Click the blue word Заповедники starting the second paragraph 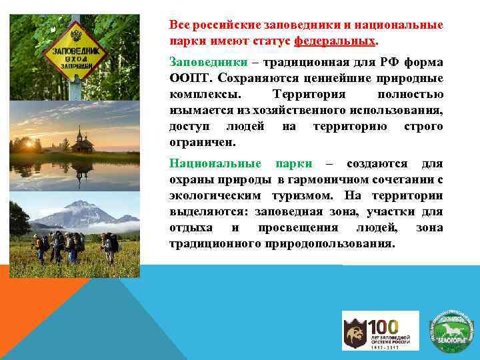coord(203,62)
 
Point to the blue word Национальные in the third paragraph coord(213,164)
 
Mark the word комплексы coord(200,94)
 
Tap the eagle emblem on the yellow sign coord(75,35)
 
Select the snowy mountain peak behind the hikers coord(77,207)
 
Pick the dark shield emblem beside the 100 coord(353,331)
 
